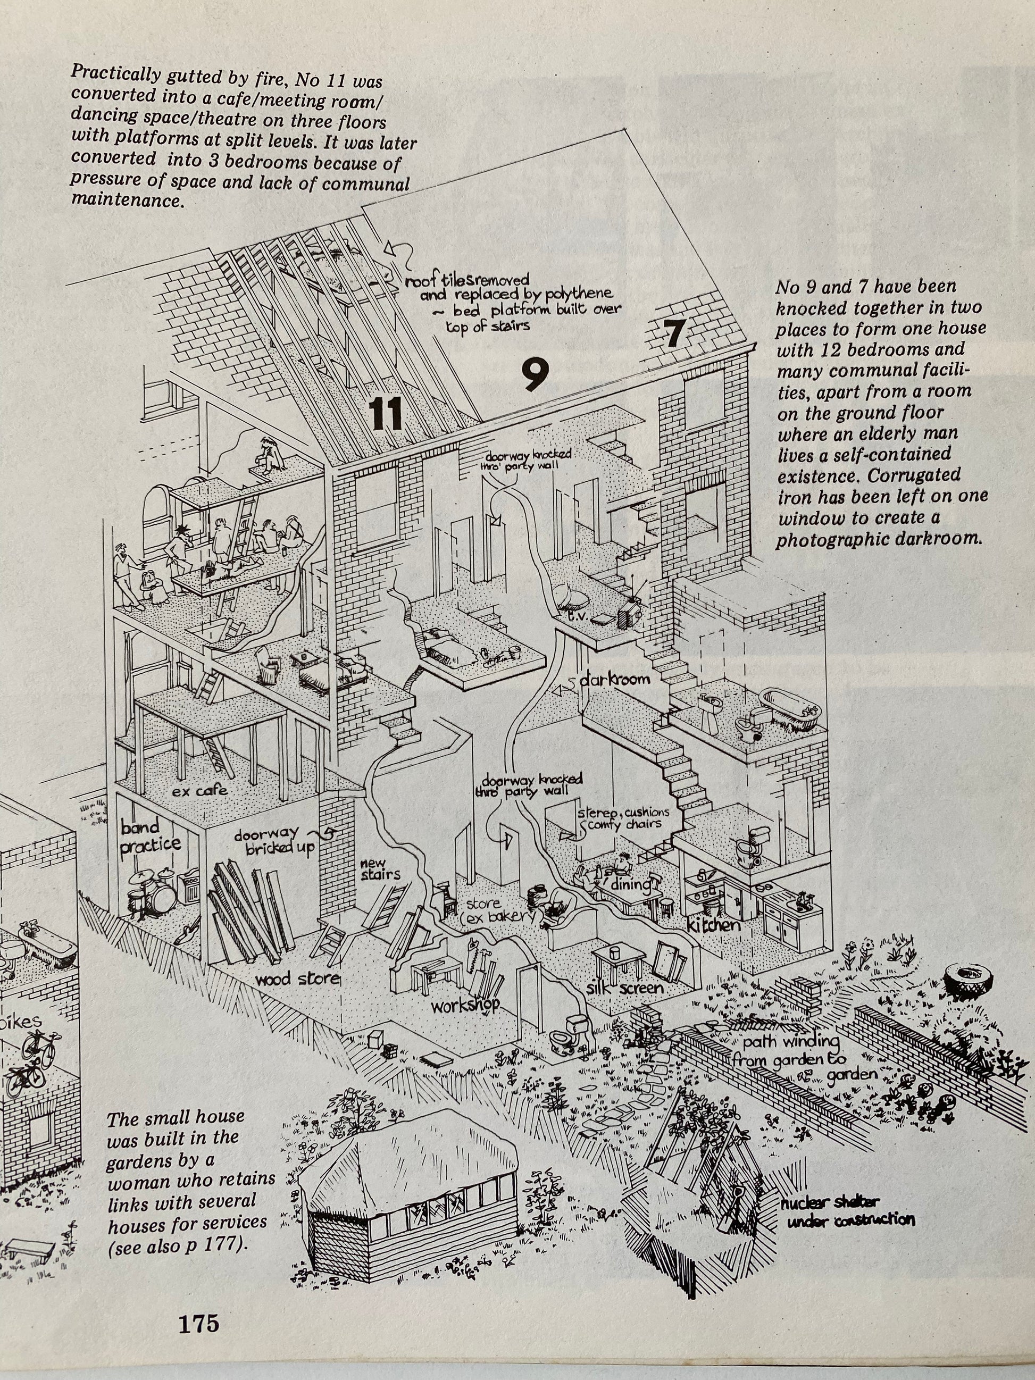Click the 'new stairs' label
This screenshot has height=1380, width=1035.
(379, 868)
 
